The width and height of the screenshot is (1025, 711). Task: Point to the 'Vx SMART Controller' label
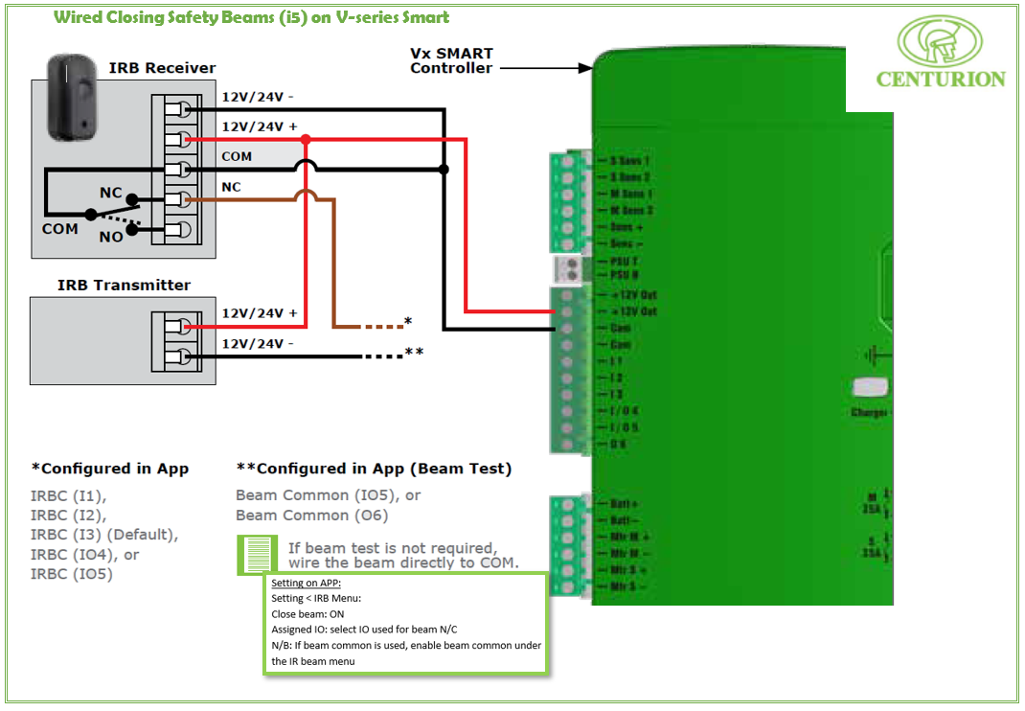point(451,61)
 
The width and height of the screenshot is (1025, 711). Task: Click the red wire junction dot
point(306,140)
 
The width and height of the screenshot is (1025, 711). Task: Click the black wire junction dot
point(444,170)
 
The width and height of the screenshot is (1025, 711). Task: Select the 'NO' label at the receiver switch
point(111,237)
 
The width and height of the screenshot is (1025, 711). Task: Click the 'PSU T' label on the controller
point(625,261)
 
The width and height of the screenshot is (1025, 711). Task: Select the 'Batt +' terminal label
point(624,504)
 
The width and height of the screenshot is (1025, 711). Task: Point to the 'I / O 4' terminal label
point(625,411)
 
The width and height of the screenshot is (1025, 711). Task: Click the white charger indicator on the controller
point(870,387)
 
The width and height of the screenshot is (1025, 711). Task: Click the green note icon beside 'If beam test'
point(256,555)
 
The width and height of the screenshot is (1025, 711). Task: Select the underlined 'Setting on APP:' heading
point(306,584)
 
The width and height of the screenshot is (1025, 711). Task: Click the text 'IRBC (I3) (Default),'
point(104,535)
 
